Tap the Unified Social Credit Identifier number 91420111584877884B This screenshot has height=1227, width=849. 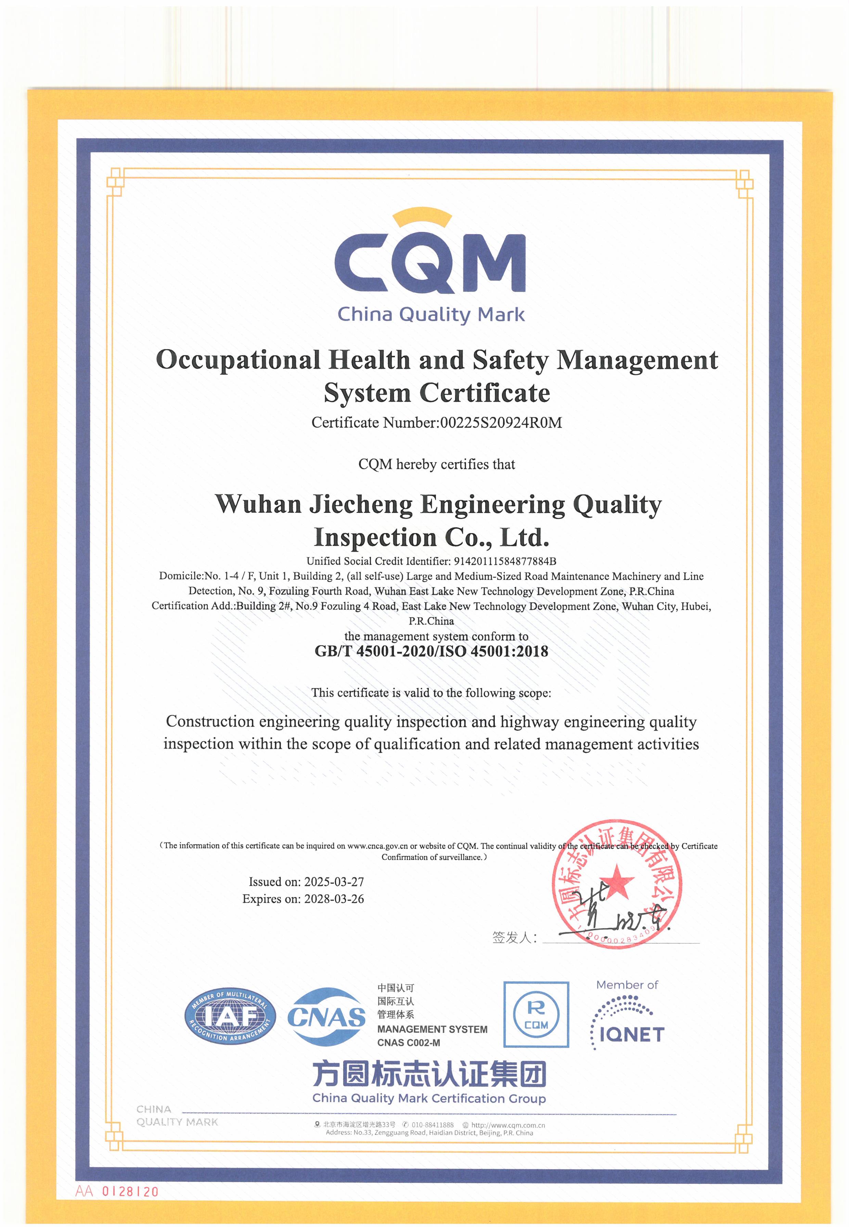point(504,561)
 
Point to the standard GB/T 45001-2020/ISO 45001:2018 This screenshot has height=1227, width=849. point(431,651)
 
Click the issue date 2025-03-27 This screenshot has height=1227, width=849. point(334,882)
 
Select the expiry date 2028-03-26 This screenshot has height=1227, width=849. point(334,899)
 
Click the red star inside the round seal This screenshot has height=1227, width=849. point(617,880)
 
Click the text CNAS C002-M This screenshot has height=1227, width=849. point(409,1043)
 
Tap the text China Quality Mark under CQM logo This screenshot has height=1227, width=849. point(431,315)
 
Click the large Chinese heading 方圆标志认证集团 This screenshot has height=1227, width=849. point(429,1074)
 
